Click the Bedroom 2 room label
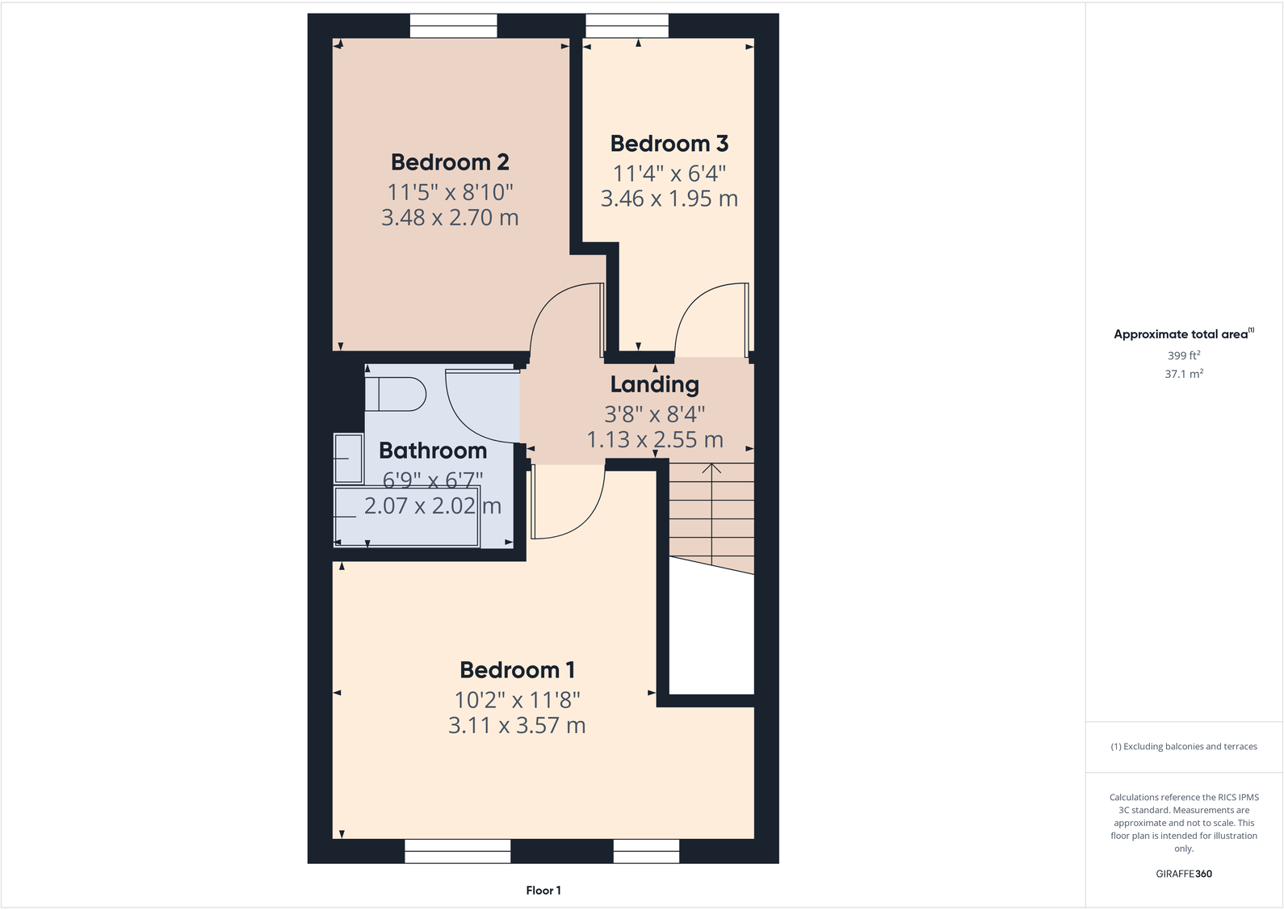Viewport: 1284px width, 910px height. point(450,162)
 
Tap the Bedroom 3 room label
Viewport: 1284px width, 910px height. point(669,144)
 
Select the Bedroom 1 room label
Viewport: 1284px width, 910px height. point(517,670)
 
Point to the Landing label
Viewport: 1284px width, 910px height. point(654,384)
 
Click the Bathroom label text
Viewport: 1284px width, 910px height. point(433,451)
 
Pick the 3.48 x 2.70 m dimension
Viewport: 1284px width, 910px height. point(450,217)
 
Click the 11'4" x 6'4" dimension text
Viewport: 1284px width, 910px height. point(669,174)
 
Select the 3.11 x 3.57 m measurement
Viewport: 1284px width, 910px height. point(517,725)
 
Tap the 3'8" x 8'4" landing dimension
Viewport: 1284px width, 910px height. point(654,414)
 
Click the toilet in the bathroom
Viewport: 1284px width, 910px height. point(396,395)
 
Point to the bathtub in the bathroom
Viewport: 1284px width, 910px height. point(407,516)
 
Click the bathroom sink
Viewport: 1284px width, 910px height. point(348,458)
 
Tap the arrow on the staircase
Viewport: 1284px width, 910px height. point(711,468)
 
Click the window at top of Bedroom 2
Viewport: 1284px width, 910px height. point(453,27)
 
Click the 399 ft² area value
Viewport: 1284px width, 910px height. point(1184,355)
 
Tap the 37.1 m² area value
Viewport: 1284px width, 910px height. point(1184,374)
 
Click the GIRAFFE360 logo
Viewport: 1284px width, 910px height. point(1184,874)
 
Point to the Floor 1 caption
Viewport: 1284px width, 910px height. point(543,891)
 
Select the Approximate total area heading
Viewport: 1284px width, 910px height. point(1181,334)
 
